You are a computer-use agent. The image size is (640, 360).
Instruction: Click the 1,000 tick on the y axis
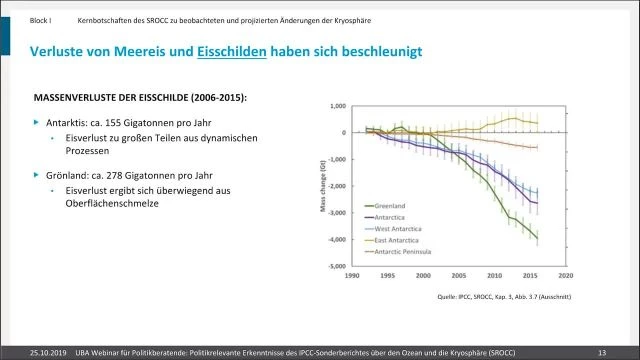tap(337, 106)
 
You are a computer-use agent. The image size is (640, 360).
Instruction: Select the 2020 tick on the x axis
tap(567, 275)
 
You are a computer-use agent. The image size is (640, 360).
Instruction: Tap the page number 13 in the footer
tap(602, 351)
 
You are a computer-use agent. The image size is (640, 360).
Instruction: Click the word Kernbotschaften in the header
tap(103, 19)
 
